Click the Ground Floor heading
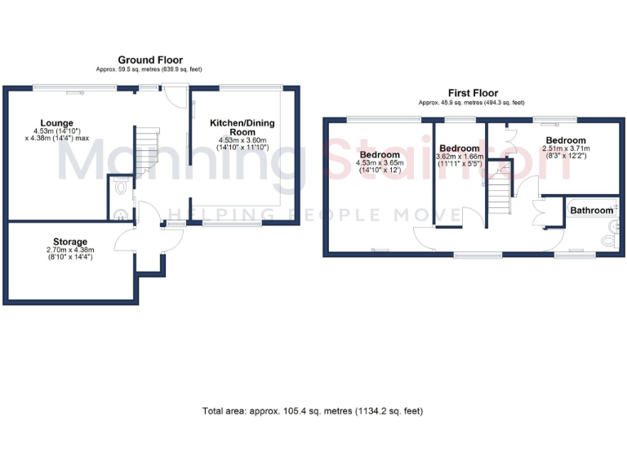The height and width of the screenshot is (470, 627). coord(150,60)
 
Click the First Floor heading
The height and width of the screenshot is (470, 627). coord(473,93)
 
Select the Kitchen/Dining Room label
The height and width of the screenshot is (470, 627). coord(242,127)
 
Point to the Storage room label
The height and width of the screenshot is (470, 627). coord(70,242)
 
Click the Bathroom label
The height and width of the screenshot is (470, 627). coord(591,211)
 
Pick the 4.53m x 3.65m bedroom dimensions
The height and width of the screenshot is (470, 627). coord(380,167)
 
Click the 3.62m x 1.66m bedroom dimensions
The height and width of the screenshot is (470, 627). coord(460,161)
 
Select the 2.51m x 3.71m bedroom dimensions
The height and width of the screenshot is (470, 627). coord(566,153)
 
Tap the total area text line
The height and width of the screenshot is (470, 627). coord(313,410)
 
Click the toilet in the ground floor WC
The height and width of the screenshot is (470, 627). coord(121,188)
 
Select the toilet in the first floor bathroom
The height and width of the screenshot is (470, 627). coord(607,240)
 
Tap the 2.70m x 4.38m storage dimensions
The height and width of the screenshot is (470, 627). coord(70,255)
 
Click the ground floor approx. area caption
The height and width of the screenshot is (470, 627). coord(150,70)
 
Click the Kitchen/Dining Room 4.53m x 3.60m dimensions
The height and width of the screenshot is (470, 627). coord(242,144)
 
